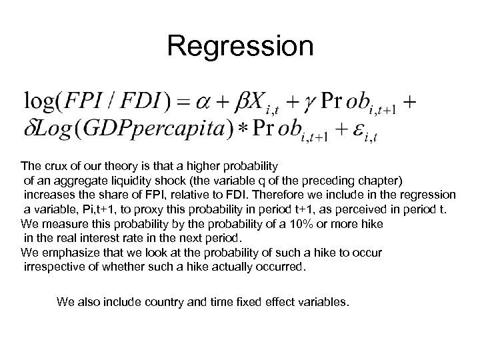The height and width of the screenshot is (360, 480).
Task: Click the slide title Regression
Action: [240, 47]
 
